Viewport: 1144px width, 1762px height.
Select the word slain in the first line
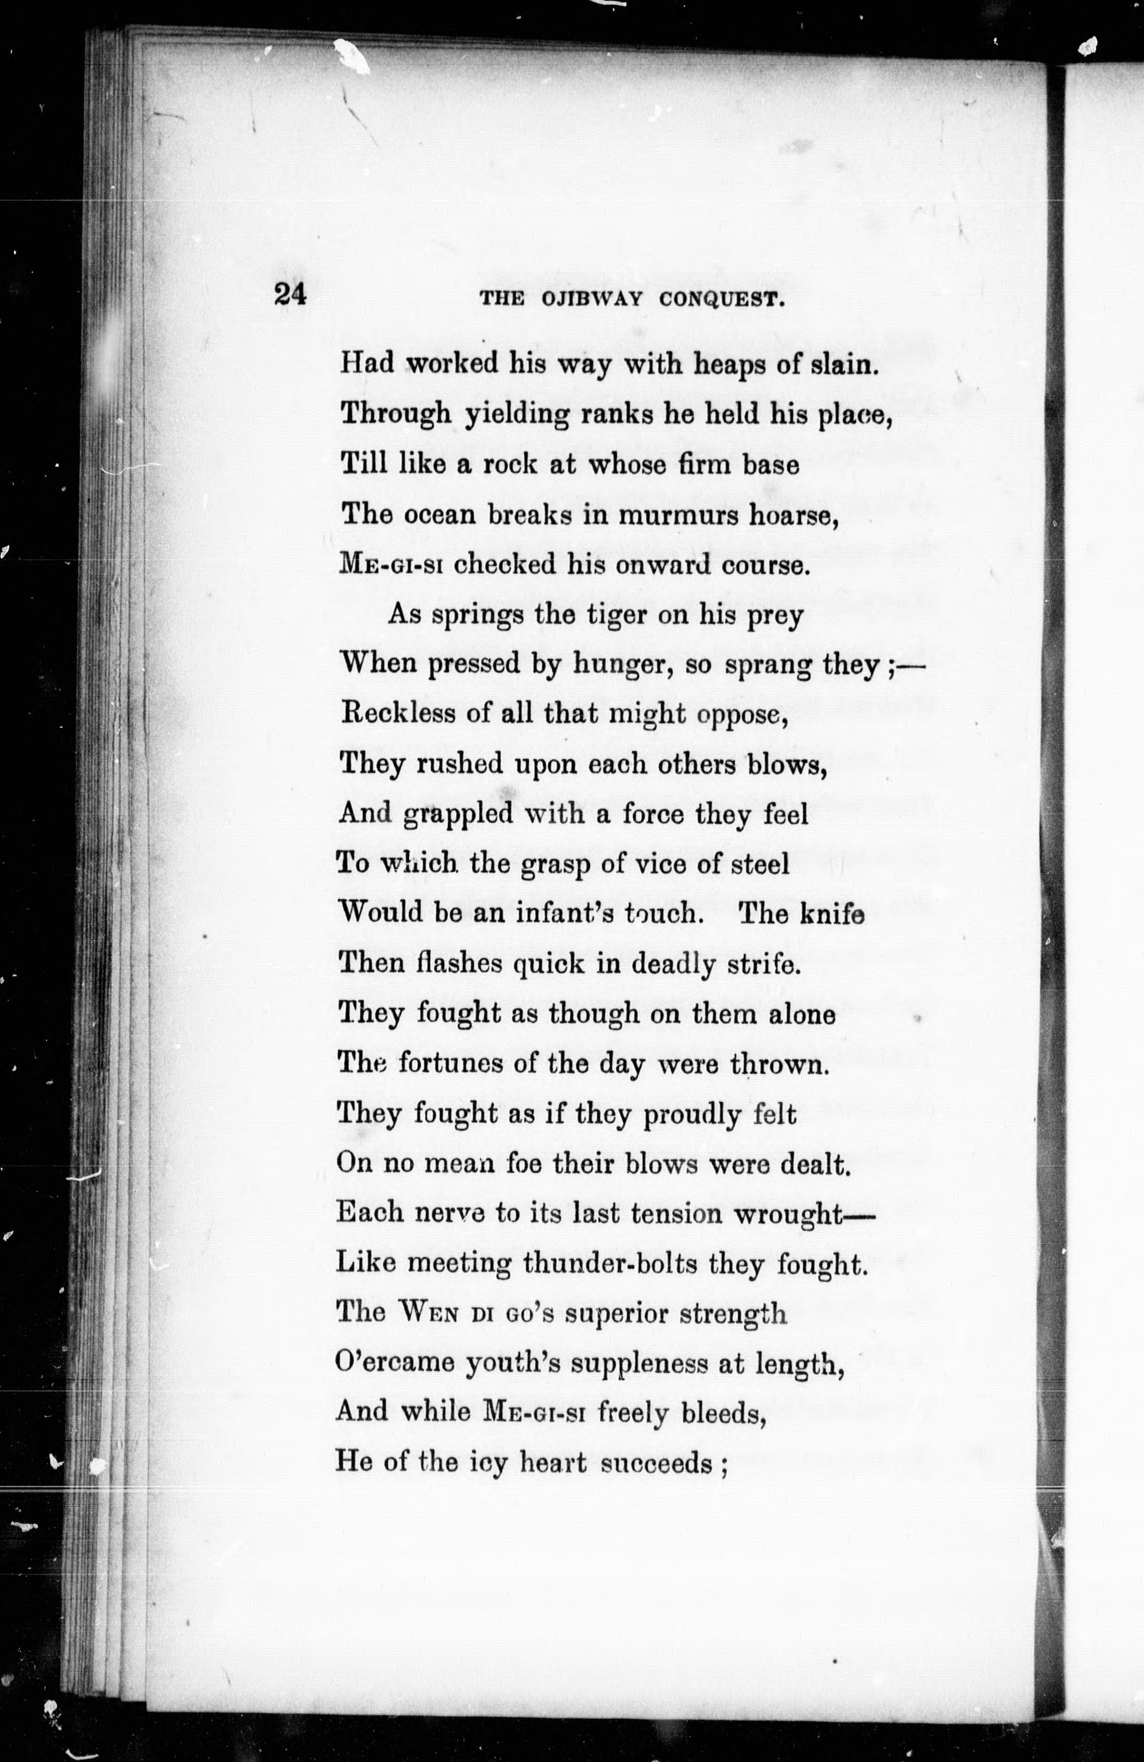(x=844, y=365)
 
